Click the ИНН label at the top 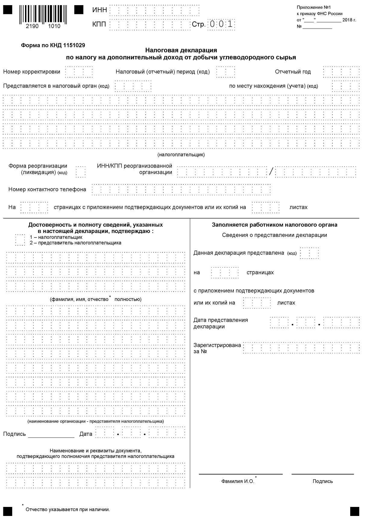(x=99, y=10)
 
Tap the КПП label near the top (x=99, y=24)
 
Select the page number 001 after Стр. (x=222, y=24)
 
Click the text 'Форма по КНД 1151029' (x=53, y=46)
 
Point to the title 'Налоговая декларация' (x=181, y=50)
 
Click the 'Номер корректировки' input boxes (x=79, y=72)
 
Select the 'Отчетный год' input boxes (x=341, y=72)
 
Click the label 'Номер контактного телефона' (x=47, y=190)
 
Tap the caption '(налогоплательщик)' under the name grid (x=181, y=155)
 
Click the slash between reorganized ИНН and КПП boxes (x=271, y=172)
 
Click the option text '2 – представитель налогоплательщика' (x=75, y=243)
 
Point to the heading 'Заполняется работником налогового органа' (x=274, y=225)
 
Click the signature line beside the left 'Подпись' (x=51, y=437)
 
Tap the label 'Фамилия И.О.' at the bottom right (x=238, y=481)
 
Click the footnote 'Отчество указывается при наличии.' (x=68, y=510)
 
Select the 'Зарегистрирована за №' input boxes (x=301, y=348)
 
